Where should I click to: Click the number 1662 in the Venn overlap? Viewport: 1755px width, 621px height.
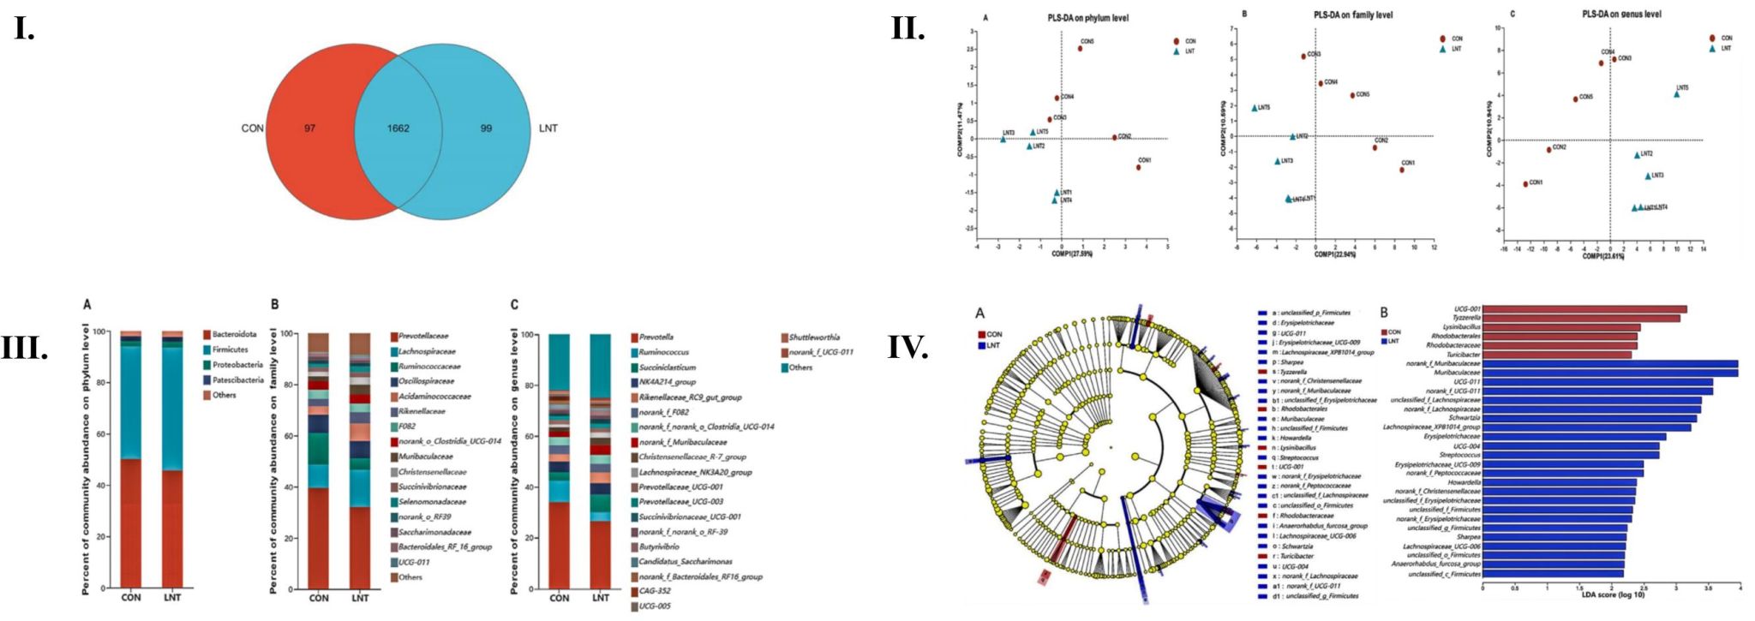click(398, 128)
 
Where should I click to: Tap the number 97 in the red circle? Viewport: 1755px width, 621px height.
click(309, 128)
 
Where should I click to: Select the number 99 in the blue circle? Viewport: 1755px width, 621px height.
click(486, 128)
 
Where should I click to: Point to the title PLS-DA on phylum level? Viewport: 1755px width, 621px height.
click(1087, 18)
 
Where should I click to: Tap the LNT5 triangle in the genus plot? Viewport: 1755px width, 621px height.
click(1676, 94)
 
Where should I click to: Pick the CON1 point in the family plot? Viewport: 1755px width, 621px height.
click(1402, 170)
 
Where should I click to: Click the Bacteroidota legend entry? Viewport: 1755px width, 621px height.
click(234, 334)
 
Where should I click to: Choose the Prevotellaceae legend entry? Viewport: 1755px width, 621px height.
click(422, 336)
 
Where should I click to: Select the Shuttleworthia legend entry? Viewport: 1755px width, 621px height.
click(813, 337)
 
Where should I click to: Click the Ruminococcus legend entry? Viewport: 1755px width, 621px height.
click(663, 352)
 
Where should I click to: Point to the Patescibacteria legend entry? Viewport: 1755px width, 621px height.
click(237, 379)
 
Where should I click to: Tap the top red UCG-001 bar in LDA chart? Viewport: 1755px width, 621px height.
click(1584, 309)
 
